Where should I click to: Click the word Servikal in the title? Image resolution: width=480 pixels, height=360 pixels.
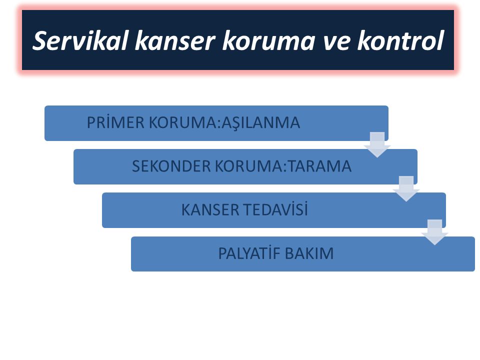[80, 40]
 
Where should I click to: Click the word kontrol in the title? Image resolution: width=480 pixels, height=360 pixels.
[400, 40]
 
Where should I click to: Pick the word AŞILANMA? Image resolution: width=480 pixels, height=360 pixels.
[260, 123]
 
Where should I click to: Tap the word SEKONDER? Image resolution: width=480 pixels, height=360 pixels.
[171, 166]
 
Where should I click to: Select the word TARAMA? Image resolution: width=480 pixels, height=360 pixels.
[320, 166]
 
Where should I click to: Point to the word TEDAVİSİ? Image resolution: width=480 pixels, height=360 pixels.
[276, 209]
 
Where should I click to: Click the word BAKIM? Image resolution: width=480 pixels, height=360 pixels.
[309, 253]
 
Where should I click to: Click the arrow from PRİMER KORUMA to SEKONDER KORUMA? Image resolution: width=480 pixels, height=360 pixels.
[377, 144]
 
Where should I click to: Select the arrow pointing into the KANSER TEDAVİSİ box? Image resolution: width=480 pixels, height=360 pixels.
[406, 188]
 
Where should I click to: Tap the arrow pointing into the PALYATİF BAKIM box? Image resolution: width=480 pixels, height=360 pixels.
[434, 232]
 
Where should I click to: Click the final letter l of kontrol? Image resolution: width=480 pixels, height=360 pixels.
[440, 40]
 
